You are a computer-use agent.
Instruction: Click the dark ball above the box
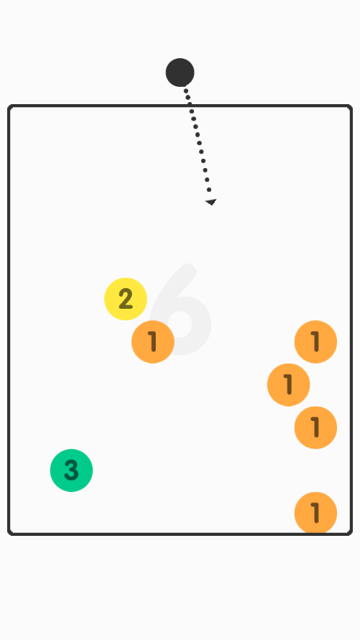click(x=180, y=73)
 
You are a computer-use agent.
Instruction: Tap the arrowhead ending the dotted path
click(x=211, y=202)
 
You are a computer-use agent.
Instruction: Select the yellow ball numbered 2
click(x=126, y=299)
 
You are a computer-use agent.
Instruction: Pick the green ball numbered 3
click(x=71, y=470)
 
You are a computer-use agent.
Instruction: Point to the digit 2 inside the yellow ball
click(x=126, y=299)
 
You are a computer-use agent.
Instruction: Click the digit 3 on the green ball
click(x=71, y=470)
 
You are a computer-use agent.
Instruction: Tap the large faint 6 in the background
click(x=180, y=310)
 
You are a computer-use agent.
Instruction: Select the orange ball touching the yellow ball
click(x=153, y=342)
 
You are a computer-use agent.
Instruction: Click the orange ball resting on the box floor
click(x=315, y=513)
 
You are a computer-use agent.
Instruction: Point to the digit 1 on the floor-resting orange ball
click(x=315, y=513)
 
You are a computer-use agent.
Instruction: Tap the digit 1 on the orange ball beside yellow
click(x=152, y=342)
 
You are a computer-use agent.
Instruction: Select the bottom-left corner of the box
click(x=11, y=532)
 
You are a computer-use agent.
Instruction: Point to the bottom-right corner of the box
click(x=349, y=532)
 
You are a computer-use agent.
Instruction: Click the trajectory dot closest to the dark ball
click(x=185, y=91)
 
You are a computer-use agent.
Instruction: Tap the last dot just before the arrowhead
click(x=209, y=190)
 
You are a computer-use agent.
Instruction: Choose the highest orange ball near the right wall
click(x=315, y=342)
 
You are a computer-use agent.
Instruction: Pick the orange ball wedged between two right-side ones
click(x=289, y=384)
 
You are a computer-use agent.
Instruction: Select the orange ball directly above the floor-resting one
click(x=315, y=427)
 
